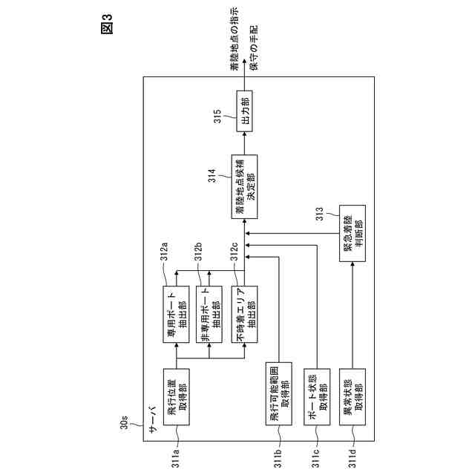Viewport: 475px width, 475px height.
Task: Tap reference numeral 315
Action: pos(218,119)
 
